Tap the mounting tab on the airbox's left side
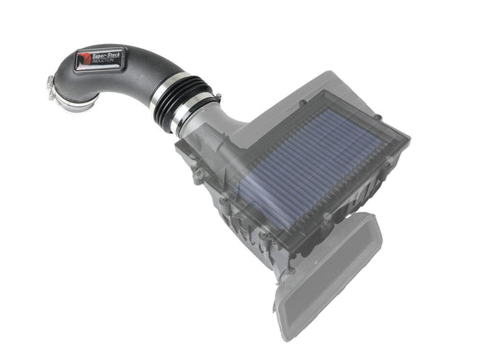click(x=199, y=175)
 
